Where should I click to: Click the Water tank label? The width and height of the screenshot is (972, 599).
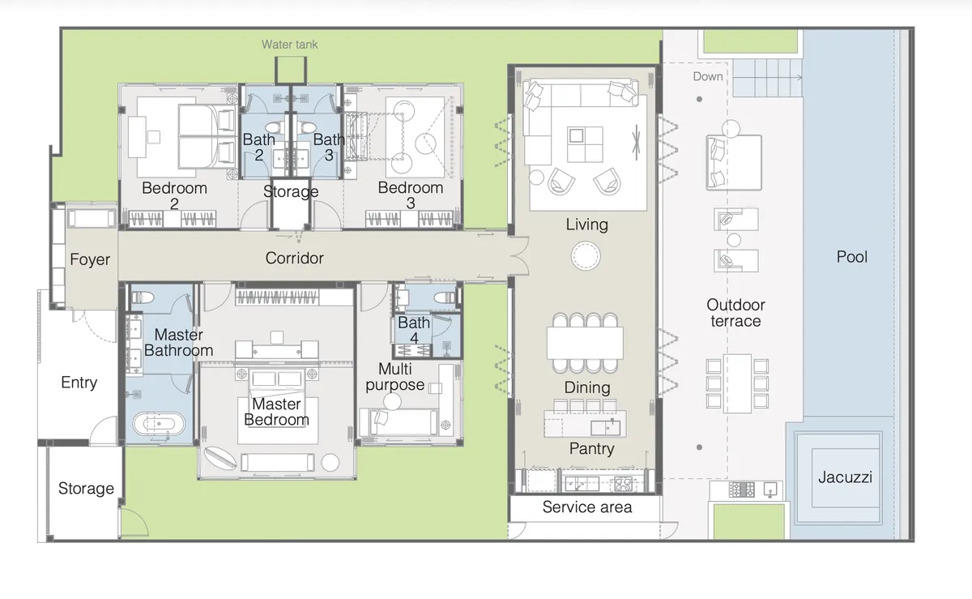click(x=289, y=45)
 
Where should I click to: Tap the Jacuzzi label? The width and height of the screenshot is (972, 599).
click(x=845, y=477)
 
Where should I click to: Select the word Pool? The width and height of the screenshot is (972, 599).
click(x=851, y=257)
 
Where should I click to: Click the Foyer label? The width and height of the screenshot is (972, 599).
click(x=90, y=259)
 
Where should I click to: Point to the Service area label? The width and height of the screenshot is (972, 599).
click(x=586, y=507)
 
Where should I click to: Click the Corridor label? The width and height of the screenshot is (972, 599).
click(x=294, y=259)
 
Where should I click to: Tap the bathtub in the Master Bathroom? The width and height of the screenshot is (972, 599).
click(x=158, y=423)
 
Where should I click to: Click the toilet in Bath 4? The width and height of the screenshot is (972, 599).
click(x=445, y=297)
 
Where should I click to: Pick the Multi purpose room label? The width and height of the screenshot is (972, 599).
click(x=394, y=376)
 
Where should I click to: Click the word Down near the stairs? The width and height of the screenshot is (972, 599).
click(x=708, y=77)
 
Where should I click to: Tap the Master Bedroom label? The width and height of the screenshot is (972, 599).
click(x=276, y=412)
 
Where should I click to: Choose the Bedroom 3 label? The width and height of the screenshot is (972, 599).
click(x=411, y=195)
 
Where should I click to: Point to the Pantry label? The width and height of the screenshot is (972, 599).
click(x=591, y=449)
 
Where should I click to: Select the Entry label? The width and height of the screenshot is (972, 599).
click(x=79, y=383)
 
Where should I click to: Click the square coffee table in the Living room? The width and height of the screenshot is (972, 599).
click(x=585, y=145)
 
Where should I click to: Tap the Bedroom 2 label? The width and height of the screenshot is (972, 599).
click(x=174, y=195)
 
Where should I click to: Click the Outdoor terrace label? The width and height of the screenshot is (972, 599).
click(x=735, y=313)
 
